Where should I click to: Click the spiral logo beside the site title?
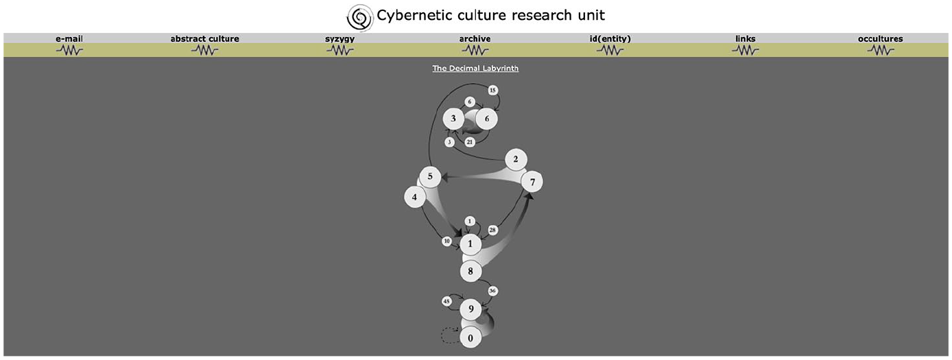click(x=360, y=18)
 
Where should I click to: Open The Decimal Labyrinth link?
click(x=475, y=68)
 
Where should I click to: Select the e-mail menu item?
click(x=69, y=38)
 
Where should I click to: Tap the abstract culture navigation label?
click(x=205, y=38)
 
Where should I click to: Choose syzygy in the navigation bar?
click(x=340, y=39)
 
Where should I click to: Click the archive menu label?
click(x=475, y=38)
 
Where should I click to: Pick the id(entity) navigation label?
click(x=610, y=38)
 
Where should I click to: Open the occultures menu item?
click(x=880, y=38)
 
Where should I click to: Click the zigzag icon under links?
click(x=745, y=51)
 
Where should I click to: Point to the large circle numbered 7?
click(x=532, y=182)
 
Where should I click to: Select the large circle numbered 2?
click(x=516, y=159)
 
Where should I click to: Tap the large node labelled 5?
click(x=430, y=176)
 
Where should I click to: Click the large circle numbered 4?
click(x=415, y=197)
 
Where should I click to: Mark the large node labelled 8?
click(x=471, y=271)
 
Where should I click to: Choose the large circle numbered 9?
click(x=471, y=309)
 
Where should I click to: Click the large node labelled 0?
click(x=471, y=338)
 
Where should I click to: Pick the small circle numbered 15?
click(x=492, y=90)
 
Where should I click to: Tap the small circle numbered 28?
click(x=492, y=230)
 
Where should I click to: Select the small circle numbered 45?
click(x=447, y=301)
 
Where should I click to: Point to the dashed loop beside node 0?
click(x=442, y=335)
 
